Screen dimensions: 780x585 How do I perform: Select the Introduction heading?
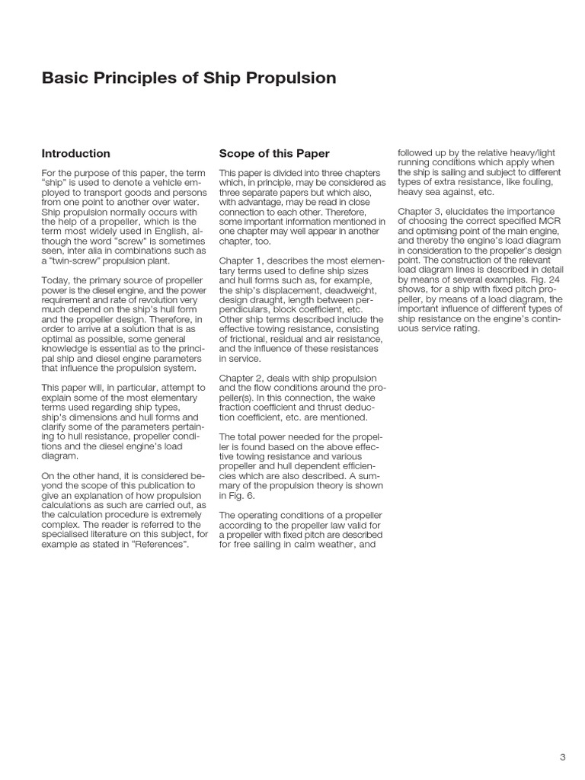pos(75,153)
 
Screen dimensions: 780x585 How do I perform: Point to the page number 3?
pos(562,756)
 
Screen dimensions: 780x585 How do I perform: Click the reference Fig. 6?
pos(232,495)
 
